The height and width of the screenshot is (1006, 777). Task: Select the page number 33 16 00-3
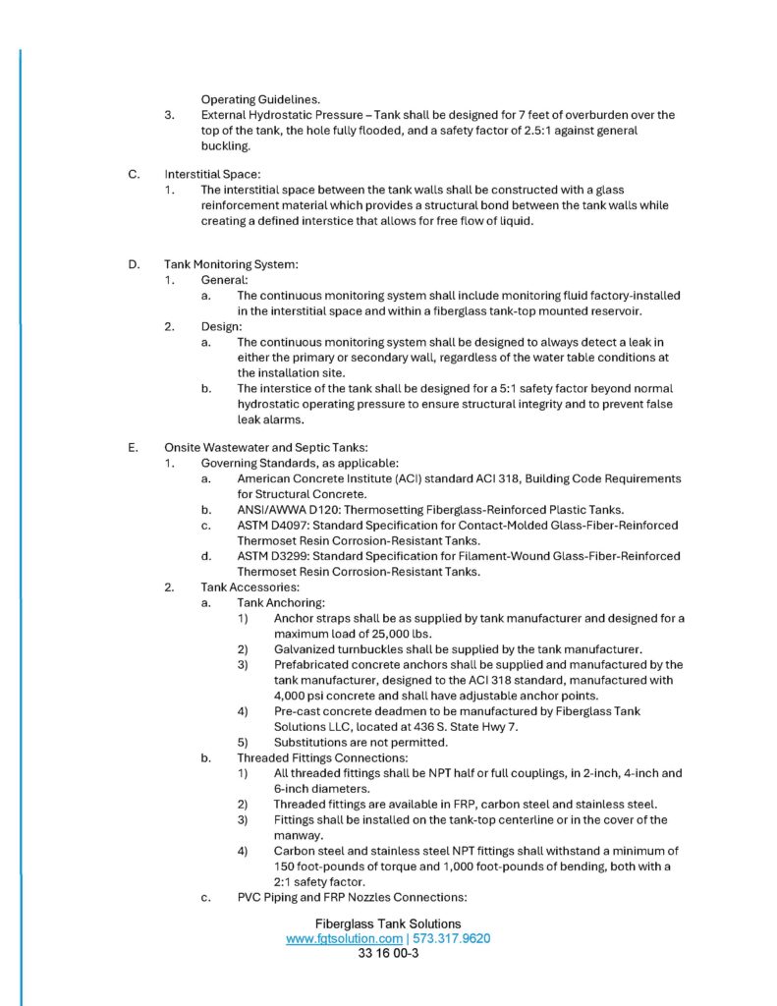click(388, 953)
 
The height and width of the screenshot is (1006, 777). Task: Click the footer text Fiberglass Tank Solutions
click(388, 923)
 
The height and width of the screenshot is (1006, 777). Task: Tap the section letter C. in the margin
click(133, 174)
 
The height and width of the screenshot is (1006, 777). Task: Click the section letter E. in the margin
click(133, 447)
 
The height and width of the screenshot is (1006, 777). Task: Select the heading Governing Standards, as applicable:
click(278, 463)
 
